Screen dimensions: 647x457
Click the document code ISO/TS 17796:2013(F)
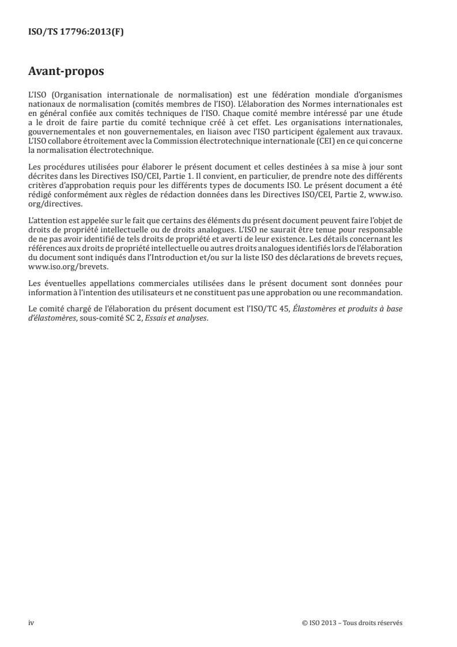76,32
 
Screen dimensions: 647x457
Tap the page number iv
31,623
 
